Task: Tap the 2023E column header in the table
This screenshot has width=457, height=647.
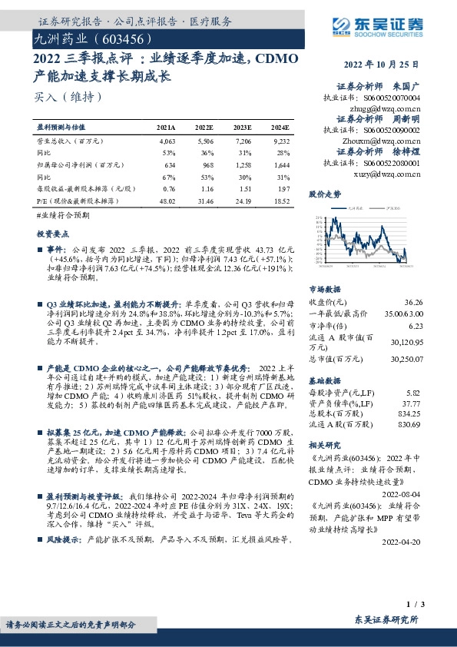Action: coord(242,127)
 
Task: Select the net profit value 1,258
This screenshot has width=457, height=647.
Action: coord(242,164)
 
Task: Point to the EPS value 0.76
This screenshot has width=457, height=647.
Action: coord(169,187)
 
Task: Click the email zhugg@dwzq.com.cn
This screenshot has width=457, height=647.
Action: coord(384,110)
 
